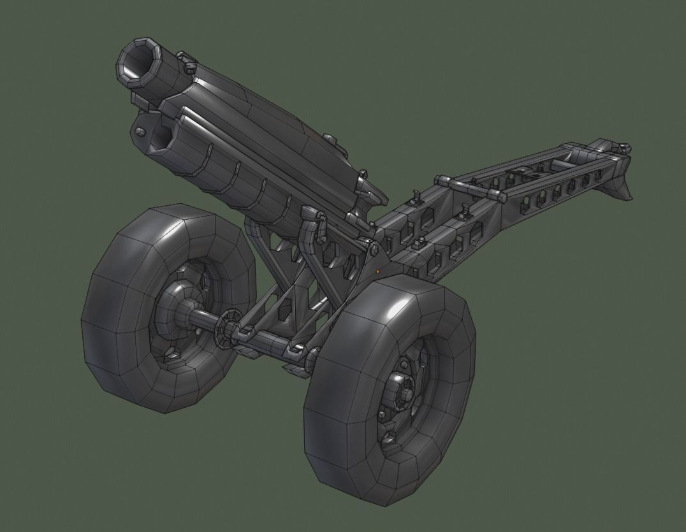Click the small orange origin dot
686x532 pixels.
point(378,271)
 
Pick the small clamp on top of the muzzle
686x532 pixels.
point(189,64)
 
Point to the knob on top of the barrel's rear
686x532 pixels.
point(329,138)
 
